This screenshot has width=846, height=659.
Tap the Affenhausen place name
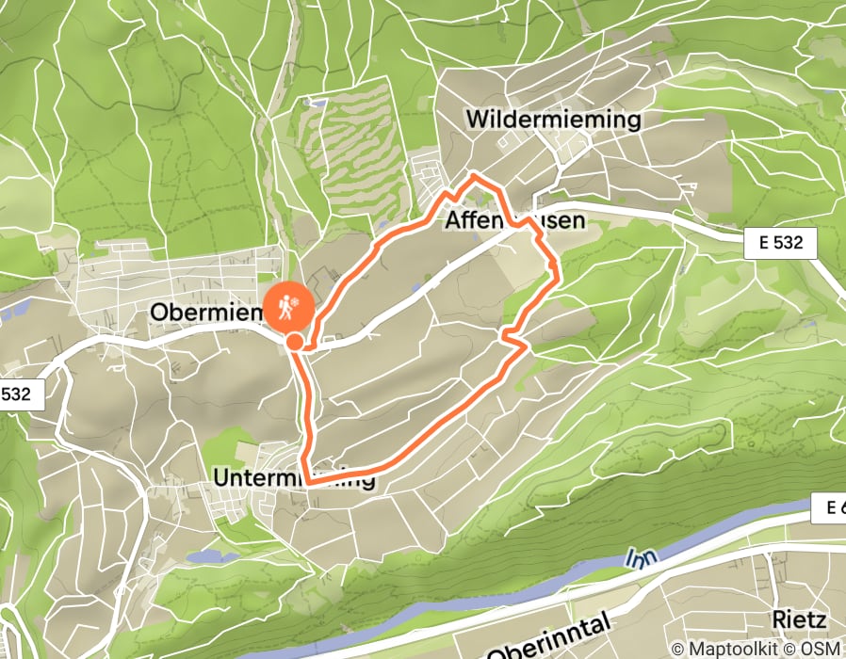click(x=513, y=220)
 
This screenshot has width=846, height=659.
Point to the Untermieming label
click(x=294, y=478)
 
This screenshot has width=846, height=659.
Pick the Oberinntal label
click(x=548, y=639)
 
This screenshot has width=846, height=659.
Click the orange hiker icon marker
click(x=285, y=305)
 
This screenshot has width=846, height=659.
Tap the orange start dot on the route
click(x=295, y=342)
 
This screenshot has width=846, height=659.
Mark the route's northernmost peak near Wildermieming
click(x=473, y=176)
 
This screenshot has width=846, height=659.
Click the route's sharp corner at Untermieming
click(x=308, y=482)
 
